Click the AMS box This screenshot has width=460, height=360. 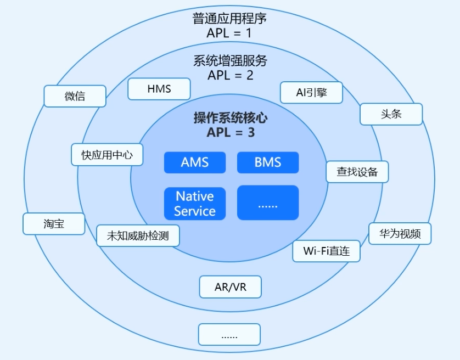(195, 162)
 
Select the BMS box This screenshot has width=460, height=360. (268, 162)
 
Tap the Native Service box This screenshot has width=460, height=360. (195, 203)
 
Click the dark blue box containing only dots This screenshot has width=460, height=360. (268, 203)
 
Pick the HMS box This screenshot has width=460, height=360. (159, 89)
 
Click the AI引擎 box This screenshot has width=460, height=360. (311, 93)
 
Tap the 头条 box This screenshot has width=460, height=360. (391, 114)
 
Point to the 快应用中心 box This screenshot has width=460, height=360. (107, 155)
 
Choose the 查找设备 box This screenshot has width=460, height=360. (357, 172)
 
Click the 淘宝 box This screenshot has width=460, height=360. (54, 224)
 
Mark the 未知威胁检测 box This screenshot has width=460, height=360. (138, 236)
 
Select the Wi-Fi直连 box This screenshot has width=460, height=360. (326, 251)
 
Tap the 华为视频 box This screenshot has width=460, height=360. (400, 234)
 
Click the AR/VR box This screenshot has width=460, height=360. (230, 286)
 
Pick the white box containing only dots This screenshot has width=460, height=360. (229, 334)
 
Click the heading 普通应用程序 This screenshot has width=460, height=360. (229, 19)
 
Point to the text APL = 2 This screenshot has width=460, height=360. (231, 75)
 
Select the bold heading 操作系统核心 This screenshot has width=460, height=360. (231, 118)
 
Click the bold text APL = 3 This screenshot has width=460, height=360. (231, 132)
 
